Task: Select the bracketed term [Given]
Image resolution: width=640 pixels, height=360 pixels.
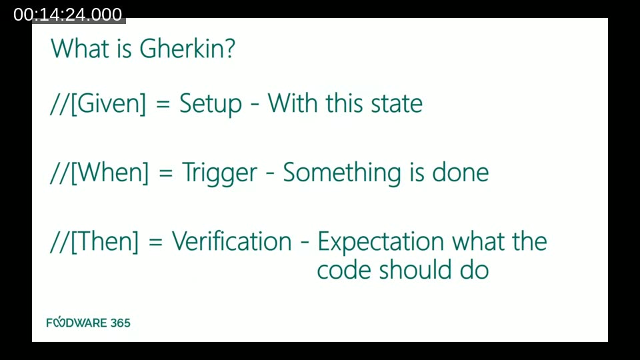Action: click(107, 104)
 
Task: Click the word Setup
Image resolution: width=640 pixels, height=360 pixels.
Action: click(211, 105)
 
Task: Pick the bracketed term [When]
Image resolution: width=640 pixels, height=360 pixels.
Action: click(109, 173)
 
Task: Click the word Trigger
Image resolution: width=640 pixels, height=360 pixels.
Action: click(219, 173)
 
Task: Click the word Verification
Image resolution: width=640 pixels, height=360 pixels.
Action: click(232, 241)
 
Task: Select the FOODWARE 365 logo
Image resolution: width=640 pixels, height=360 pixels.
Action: click(88, 323)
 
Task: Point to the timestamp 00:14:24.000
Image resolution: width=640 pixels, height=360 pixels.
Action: click(68, 15)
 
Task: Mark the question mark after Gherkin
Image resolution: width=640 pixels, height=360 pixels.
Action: click(229, 49)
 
